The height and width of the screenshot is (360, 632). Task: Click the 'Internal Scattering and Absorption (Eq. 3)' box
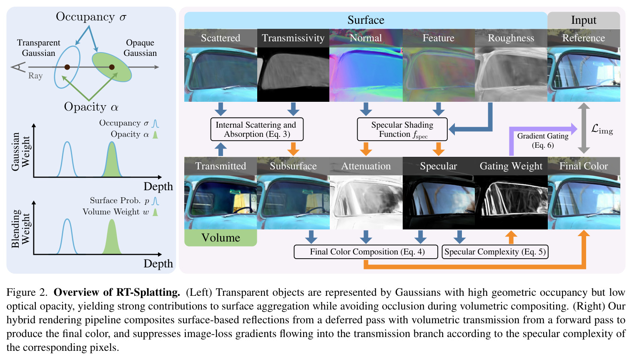pyautogui.click(x=257, y=129)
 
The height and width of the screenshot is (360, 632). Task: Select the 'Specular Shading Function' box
pyautogui.click(x=402, y=129)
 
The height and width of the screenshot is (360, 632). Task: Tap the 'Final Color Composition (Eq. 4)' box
pyautogui.click(x=366, y=252)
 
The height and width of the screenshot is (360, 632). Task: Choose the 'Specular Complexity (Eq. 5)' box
pyautogui.click(x=495, y=252)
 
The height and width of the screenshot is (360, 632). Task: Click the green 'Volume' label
pyautogui.click(x=221, y=238)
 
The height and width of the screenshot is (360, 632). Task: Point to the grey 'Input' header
pyautogui.click(x=584, y=20)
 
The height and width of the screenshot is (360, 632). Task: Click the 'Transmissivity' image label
pyautogui.click(x=293, y=38)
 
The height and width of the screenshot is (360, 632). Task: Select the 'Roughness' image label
pyautogui.click(x=511, y=38)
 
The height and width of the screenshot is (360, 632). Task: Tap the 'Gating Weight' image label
pyautogui.click(x=511, y=166)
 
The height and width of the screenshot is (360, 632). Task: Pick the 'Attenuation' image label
pyautogui.click(x=366, y=166)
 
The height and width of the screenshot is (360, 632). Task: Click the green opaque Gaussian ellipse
pyautogui.click(x=112, y=67)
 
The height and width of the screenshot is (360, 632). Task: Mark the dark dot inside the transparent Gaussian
pyautogui.click(x=67, y=67)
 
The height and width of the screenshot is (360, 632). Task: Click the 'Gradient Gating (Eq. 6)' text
pyautogui.click(x=542, y=140)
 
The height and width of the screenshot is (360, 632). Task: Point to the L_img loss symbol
pyautogui.click(x=602, y=129)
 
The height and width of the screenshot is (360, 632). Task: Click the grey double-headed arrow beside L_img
pyautogui.click(x=584, y=128)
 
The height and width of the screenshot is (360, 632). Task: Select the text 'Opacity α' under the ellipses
pyautogui.click(x=91, y=107)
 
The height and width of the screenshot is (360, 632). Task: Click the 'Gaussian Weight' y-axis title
pyautogui.click(x=20, y=151)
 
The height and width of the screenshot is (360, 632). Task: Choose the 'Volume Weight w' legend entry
pyautogui.click(x=120, y=212)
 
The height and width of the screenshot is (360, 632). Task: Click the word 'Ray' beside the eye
pyautogui.click(x=35, y=76)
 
